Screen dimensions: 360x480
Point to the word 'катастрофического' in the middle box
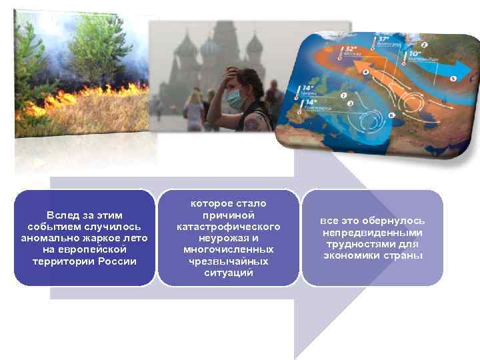point(228,227)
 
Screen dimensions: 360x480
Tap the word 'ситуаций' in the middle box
point(228,273)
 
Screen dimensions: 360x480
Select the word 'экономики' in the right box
point(355,255)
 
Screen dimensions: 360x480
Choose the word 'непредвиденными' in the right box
point(373,233)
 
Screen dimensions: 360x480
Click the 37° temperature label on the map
point(383,40)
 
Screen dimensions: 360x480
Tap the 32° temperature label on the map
point(350,49)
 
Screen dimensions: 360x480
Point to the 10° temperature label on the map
point(414,54)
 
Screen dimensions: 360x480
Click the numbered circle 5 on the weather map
point(453,79)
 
